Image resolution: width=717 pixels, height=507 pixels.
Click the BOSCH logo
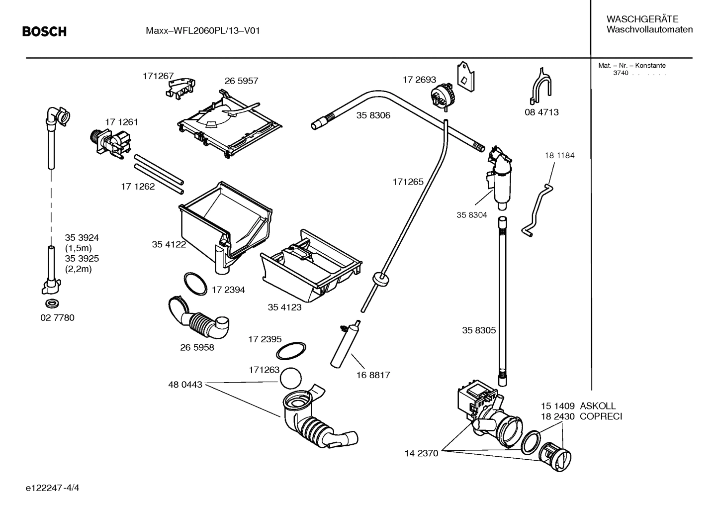(x=44, y=32)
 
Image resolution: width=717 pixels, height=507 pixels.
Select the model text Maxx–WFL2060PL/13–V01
(x=202, y=31)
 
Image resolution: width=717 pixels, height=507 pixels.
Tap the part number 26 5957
(x=241, y=81)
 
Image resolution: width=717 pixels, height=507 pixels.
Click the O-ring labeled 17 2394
(x=195, y=283)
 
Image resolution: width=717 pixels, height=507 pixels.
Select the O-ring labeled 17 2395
(x=291, y=350)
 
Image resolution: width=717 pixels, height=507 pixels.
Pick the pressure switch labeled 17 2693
(x=443, y=95)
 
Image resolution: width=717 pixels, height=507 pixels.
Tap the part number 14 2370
(x=421, y=453)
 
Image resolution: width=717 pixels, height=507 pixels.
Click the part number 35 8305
(x=478, y=330)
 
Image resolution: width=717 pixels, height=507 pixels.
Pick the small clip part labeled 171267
(x=180, y=86)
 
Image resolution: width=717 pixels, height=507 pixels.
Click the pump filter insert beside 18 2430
(x=555, y=456)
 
